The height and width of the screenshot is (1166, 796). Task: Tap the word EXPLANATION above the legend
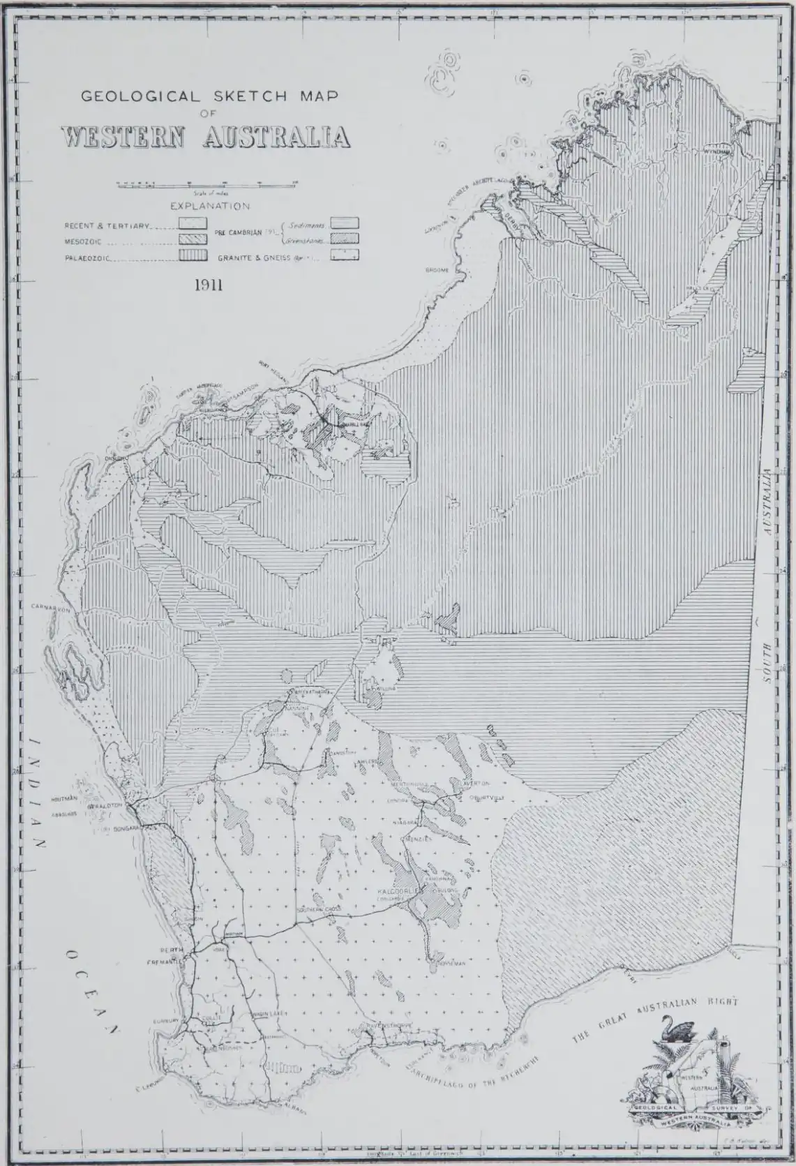point(210,207)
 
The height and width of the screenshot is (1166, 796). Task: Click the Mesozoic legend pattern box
point(193,239)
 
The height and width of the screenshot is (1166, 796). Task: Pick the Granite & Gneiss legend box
point(345,255)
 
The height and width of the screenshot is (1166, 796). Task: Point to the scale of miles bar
point(206,185)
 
